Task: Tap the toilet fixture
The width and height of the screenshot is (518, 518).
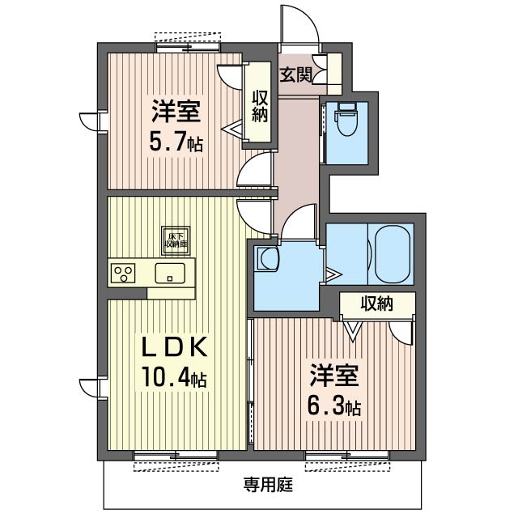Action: coord(346,123)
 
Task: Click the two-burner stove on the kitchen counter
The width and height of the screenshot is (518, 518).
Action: coord(125,273)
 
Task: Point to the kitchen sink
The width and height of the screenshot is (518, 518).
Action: coord(170,273)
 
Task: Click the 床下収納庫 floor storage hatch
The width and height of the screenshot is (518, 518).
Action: coord(176,236)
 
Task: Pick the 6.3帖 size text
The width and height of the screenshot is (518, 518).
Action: coord(333,407)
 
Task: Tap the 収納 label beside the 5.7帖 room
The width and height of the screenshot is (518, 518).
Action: coord(259,105)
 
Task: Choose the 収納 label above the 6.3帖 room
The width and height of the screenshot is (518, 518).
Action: coord(376,304)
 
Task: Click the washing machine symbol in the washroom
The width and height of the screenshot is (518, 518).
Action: coord(265,259)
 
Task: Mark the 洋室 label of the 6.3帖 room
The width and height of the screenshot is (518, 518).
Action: coord(333,377)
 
